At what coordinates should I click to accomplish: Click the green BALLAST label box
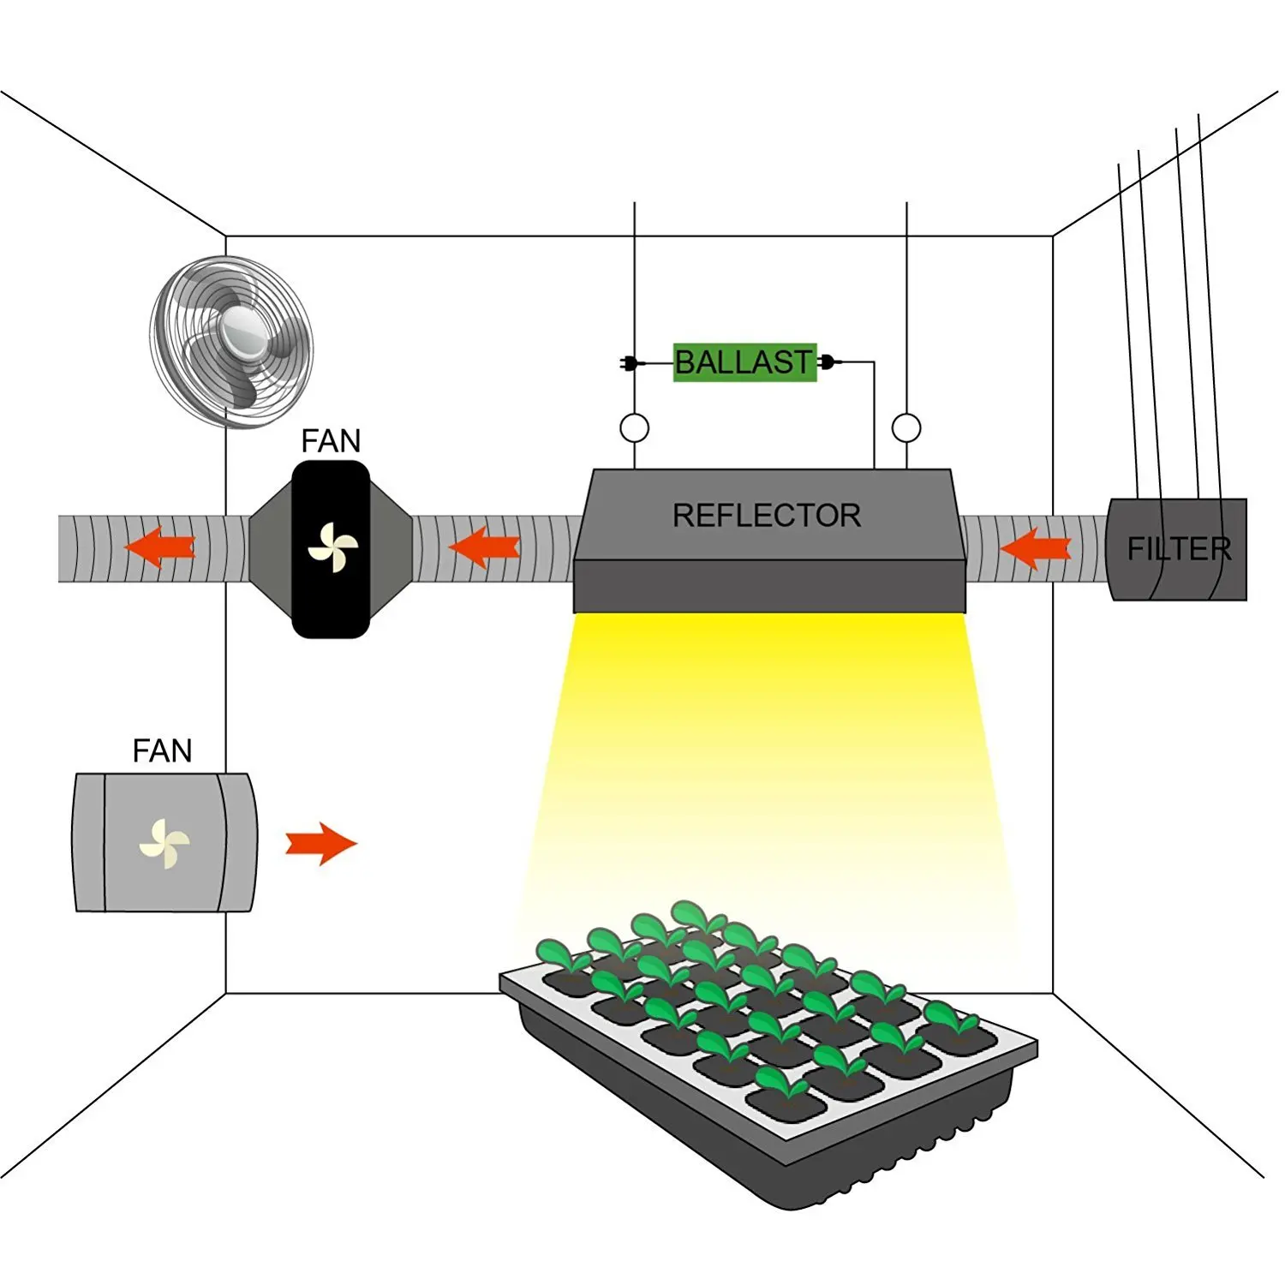coord(744,362)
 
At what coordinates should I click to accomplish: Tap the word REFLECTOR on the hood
coord(767,516)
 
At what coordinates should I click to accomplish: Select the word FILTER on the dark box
coord(1179,548)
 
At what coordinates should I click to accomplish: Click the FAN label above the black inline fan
coord(331,441)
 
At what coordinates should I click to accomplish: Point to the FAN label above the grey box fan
coord(162,751)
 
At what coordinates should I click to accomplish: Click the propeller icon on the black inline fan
coord(332,548)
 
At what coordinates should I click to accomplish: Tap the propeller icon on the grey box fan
coord(164,844)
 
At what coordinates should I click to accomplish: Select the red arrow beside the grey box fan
coord(321,844)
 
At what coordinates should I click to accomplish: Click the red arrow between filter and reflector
coord(1035,548)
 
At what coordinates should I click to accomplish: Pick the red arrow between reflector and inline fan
coord(484,547)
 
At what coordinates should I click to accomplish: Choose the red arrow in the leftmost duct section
coord(160,547)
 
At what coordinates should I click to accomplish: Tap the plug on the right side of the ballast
coord(828,362)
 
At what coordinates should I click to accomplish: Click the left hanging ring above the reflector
coord(634,427)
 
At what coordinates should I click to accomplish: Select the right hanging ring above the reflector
coord(906,427)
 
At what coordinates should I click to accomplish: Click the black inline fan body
coord(331,549)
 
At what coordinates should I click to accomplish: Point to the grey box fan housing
coord(164,842)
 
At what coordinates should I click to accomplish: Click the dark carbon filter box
coord(1178,549)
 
